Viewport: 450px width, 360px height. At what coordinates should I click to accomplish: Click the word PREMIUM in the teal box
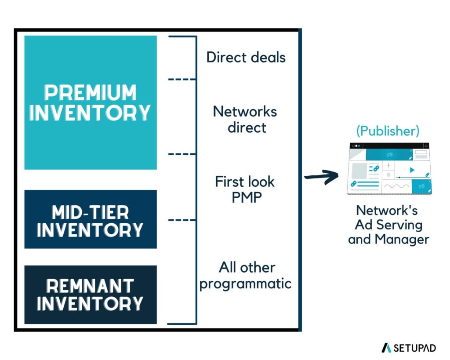click(91, 93)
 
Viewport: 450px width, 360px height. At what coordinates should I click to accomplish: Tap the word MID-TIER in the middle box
click(90, 212)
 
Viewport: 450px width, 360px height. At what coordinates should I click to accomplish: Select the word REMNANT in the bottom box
click(90, 286)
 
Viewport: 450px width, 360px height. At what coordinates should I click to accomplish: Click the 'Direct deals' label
click(246, 57)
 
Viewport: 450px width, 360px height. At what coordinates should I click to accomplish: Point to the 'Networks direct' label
click(245, 119)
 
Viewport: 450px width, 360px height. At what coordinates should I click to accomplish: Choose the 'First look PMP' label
click(245, 189)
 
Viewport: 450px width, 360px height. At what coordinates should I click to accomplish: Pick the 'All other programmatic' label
click(245, 275)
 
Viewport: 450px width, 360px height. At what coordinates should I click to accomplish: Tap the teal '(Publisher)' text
click(388, 131)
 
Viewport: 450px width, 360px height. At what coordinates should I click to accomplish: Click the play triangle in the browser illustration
click(411, 170)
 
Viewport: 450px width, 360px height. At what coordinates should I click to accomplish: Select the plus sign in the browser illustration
click(388, 165)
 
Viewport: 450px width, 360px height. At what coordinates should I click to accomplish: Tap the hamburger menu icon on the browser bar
click(426, 145)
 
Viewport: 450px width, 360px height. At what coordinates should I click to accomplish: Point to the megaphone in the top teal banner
click(388, 154)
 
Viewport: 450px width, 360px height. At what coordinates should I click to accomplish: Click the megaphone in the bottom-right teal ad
click(421, 186)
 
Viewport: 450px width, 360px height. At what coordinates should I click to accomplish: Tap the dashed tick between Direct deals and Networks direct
click(181, 79)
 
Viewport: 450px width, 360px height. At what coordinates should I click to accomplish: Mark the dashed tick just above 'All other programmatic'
click(181, 220)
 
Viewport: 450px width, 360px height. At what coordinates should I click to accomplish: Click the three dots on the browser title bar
click(356, 145)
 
